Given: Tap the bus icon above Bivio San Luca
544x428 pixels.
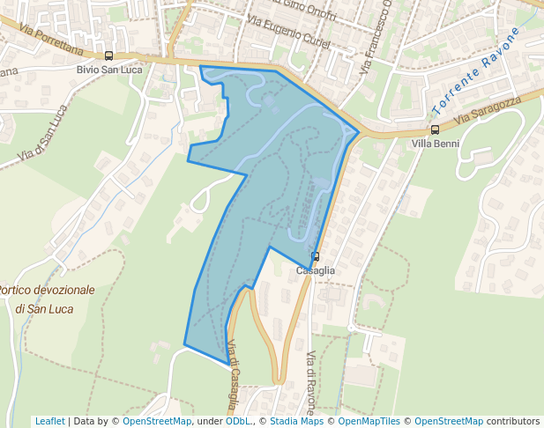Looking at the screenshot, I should click(108, 56).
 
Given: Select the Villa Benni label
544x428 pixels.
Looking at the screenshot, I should click(435, 143).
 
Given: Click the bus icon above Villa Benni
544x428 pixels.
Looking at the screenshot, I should click(435, 129).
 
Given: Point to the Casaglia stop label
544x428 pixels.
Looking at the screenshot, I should click(315, 270).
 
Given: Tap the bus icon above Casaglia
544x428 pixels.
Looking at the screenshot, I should click(315, 257).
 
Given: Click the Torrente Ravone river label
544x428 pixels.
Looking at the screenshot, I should click(477, 71).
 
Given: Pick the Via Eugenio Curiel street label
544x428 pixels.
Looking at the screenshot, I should click(289, 33).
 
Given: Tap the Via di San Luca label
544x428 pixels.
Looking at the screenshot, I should click(41, 135).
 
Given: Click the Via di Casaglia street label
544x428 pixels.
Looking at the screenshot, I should click(233, 374).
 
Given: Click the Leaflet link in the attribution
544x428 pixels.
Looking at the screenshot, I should click(49, 421).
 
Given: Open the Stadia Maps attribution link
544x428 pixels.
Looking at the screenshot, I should click(296, 421).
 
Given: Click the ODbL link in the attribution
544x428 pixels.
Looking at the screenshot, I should click(238, 421).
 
